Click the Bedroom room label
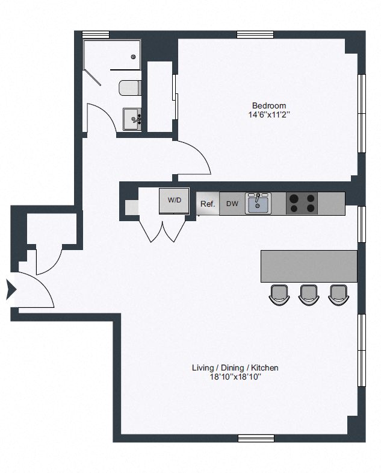pyautogui.click(x=269, y=106)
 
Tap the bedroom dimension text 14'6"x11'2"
pyautogui.click(x=269, y=115)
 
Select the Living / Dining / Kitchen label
pyautogui.click(x=235, y=368)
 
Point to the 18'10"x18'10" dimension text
pyautogui.click(x=235, y=377)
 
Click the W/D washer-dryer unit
pyautogui.click(x=174, y=201)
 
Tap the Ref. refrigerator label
pyautogui.click(x=208, y=204)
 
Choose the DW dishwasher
pyautogui.click(x=232, y=204)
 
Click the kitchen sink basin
pyautogui.click(x=258, y=204)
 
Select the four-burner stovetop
pyautogui.click(x=302, y=204)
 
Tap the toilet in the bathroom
pyautogui.click(x=130, y=88)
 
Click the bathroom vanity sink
pyautogui.click(x=132, y=119)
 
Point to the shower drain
pyautogui.click(x=133, y=57)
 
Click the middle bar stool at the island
pyautogui.click(x=309, y=295)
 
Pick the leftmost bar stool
pyautogui.click(x=279, y=295)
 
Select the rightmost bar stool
pyautogui.click(x=338, y=295)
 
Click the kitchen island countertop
pyautogui.click(x=309, y=266)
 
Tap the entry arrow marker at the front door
pyautogui.click(x=11, y=289)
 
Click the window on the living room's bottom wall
pyautogui.click(x=256, y=438)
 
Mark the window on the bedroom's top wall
pyautogui.click(x=255, y=35)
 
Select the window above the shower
pyautogui.click(x=96, y=35)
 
